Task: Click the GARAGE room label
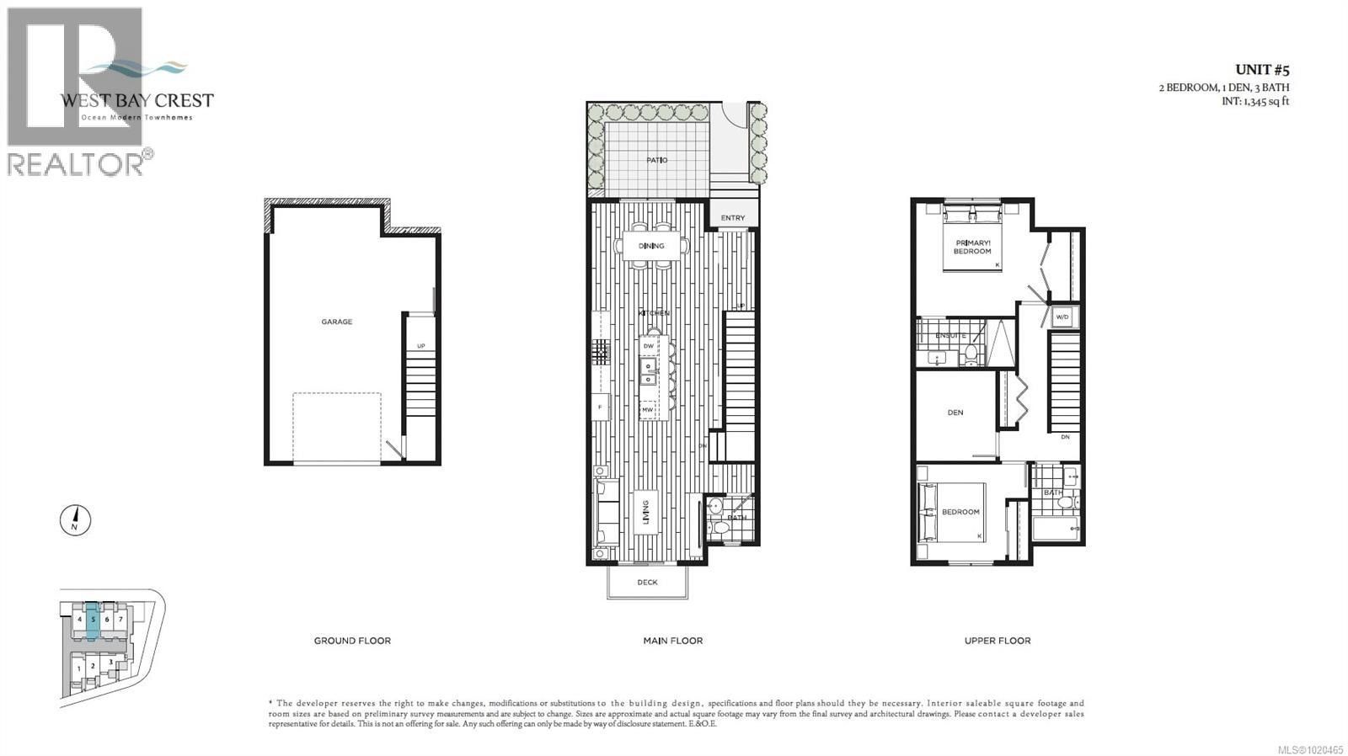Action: pos(336,322)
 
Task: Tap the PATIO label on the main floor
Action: pos(656,160)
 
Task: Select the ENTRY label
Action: pos(732,218)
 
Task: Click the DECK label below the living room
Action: pos(647,582)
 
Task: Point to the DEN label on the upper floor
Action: pos(955,413)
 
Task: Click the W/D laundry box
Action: pos(1062,317)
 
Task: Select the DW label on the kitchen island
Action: pos(648,346)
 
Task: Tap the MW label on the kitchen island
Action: pos(648,410)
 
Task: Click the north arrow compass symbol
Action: pos(75,520)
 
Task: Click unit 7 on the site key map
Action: pos(120,620)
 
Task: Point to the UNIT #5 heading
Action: pos(1261,70)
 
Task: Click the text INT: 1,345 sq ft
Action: pos(1254,101)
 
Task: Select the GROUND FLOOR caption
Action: pos(352,641)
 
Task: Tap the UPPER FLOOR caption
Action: pos(997,641)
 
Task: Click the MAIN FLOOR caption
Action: pos(672,641)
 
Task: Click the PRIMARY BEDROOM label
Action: pos(972,247)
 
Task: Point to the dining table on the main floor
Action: pos(651,246)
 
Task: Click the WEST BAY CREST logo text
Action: pos(136,100)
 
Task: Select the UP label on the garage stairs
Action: pos(420,346)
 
